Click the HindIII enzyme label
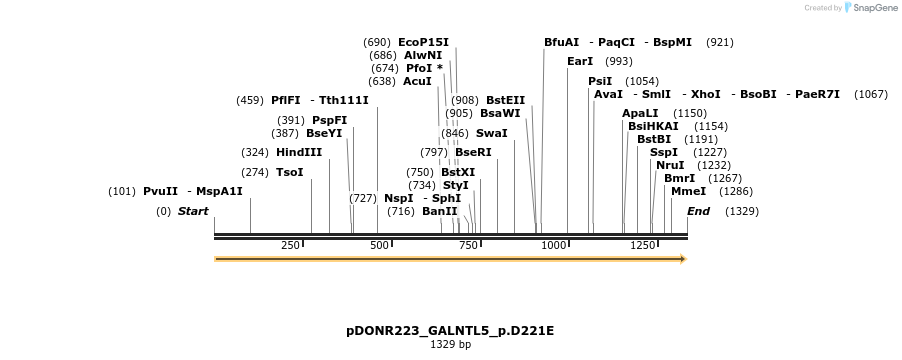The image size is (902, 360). (x=299, y=152)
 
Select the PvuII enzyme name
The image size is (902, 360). (x=160, y=191)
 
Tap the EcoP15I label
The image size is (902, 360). (x=423, y=42)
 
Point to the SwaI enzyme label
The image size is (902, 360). (x=491, y=133)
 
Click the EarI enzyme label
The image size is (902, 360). (x=580, y=61)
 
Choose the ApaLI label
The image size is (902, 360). (x=640, y=113)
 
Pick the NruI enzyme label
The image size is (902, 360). (x=670, y=165)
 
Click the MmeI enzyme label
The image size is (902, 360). (x=688, y=191)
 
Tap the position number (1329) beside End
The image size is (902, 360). (x=742, y=211)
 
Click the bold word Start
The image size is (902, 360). (x=193, y=211)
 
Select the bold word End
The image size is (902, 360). (x=698, y=211)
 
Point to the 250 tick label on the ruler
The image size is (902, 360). (x=291, y=245)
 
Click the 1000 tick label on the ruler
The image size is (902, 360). (x=554, y=245)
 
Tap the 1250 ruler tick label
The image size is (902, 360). (x=644, y=245)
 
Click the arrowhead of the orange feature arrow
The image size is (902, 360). (x=683, y=259)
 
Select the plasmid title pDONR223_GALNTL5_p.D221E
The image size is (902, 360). (x=450, y=330)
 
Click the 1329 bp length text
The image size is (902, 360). (x=450, y=344)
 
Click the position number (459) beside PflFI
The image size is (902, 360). (x=250, y=100)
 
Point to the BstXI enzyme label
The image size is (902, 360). (x=458, y=172)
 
